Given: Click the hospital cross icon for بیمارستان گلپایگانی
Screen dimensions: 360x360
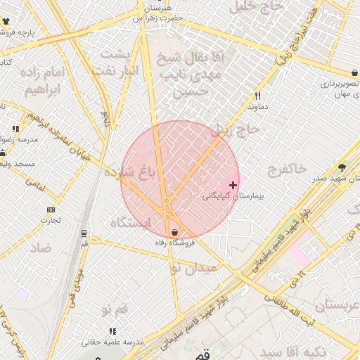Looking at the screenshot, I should [233, 185].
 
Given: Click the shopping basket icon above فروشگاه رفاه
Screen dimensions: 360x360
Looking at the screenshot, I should [174, 232].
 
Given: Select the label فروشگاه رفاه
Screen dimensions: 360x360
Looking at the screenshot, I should [174, 243].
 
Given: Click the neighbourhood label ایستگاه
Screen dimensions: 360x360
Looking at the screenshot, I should [131, 223].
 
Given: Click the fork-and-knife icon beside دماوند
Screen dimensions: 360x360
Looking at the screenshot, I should [258, 96].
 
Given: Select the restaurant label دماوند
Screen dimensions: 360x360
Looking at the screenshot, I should [258, 106].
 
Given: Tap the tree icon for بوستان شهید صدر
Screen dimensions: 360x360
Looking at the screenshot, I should [342, 167].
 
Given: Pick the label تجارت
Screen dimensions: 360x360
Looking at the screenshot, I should [51, 220].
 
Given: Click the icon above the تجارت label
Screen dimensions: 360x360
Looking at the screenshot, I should [51, 210].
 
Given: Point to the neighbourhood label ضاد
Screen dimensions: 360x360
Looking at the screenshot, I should [41, 247].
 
